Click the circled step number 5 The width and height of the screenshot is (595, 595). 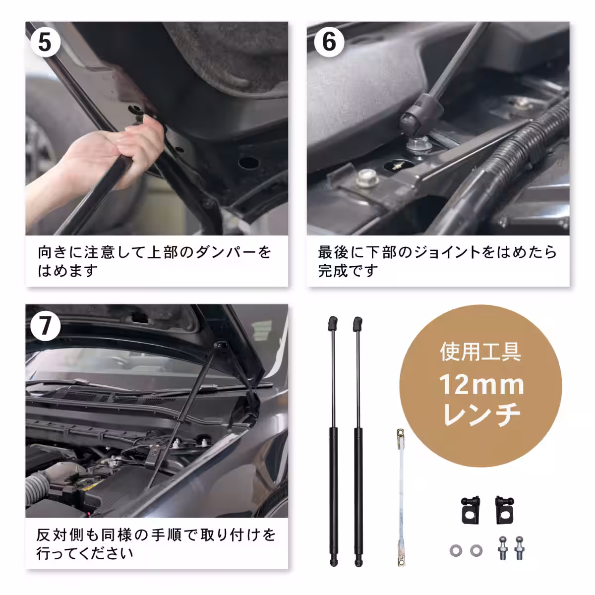tap(45, 42)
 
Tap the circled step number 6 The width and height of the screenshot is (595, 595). tap(329, 42)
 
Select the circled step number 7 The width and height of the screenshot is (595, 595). tap(45, 326)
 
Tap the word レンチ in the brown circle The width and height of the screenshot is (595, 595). tap(481, 416)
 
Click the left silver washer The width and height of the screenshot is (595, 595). tap(454, 549)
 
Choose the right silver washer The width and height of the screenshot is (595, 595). tap(476, 549)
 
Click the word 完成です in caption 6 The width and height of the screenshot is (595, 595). tap(348, 271)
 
